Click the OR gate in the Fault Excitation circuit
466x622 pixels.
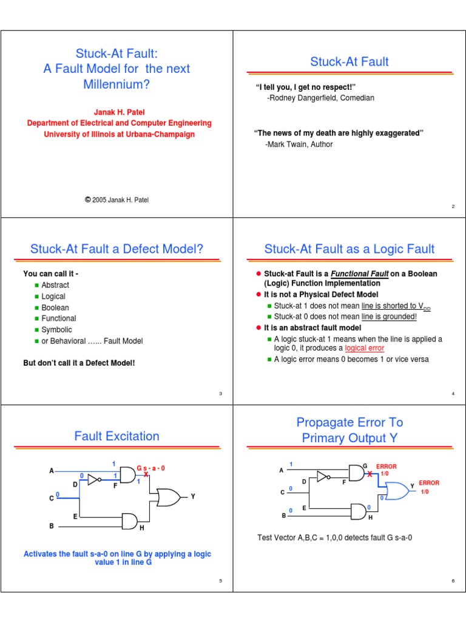click(x=168, y=497)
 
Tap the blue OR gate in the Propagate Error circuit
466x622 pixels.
click(x=394, y=490)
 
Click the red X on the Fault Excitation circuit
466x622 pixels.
click(x=146, y=474)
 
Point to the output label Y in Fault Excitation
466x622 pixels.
click(x=193, y=497)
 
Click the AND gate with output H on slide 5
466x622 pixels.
click(x=130, y=521)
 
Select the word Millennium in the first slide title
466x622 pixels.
click(x=116, y=84)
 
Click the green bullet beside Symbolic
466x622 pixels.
click(x=36, y=330)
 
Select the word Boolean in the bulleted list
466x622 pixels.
click(x=55, y=307)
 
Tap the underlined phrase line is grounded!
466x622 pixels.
click(x=389, y=316)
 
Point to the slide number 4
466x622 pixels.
click(x=453, y=394)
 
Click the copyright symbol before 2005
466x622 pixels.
click(x=87, y=199)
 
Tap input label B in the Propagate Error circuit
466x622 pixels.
click(x=283, y=516)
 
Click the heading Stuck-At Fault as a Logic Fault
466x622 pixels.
click(x=349, y=248)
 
